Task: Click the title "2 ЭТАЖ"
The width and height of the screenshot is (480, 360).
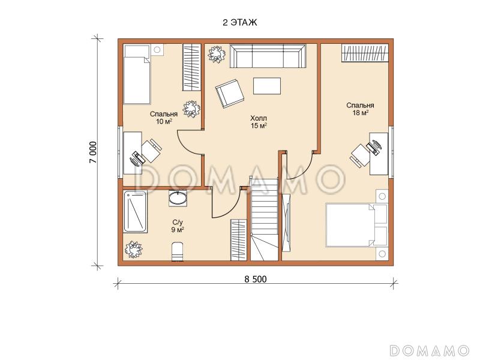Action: pos(240,23)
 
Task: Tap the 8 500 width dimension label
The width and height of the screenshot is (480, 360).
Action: pos(256,279)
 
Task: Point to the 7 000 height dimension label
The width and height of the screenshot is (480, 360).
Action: pos(93,152)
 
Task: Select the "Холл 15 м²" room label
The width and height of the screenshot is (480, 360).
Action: pos(259,122)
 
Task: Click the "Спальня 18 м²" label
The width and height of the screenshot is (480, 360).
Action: pos(361,109)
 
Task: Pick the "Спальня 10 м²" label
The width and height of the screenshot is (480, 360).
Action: pos(164,118)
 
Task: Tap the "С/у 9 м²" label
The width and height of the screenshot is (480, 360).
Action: pos(178,226)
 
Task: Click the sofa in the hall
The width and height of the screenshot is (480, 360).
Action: pos(268,56)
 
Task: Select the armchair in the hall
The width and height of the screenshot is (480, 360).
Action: pos(230,93)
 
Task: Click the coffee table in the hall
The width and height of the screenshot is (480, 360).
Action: pos(267,86)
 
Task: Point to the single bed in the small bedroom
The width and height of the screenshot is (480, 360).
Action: pos(137,74)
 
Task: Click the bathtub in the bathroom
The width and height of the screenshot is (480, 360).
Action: pos(135,212)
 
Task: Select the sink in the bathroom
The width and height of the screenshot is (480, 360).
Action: pos(178,198)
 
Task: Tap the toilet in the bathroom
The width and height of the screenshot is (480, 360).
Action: pos(177,251)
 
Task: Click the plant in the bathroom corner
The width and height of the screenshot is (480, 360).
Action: pos(133,250)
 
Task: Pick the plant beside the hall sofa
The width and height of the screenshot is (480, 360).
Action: pos(217,55)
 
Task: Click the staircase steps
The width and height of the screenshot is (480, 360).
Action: pos(265,219)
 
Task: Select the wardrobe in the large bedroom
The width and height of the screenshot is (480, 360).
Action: pos(365,53)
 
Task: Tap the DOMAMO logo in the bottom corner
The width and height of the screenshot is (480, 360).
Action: pos(429,350)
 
